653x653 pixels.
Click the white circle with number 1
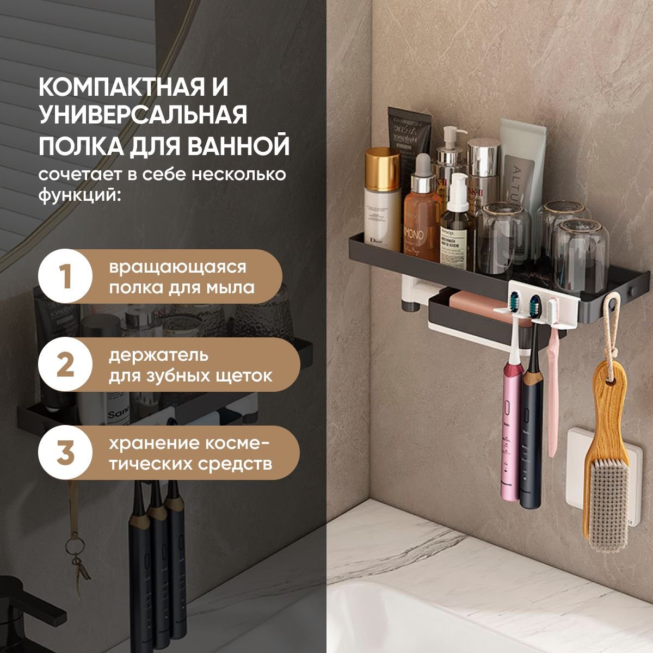pos(65,276)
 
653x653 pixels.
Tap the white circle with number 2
pos(65,364)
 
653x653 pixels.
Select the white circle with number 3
pos(65,452)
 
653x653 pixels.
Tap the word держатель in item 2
pos(158,356)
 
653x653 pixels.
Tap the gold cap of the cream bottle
pos(383,169)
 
